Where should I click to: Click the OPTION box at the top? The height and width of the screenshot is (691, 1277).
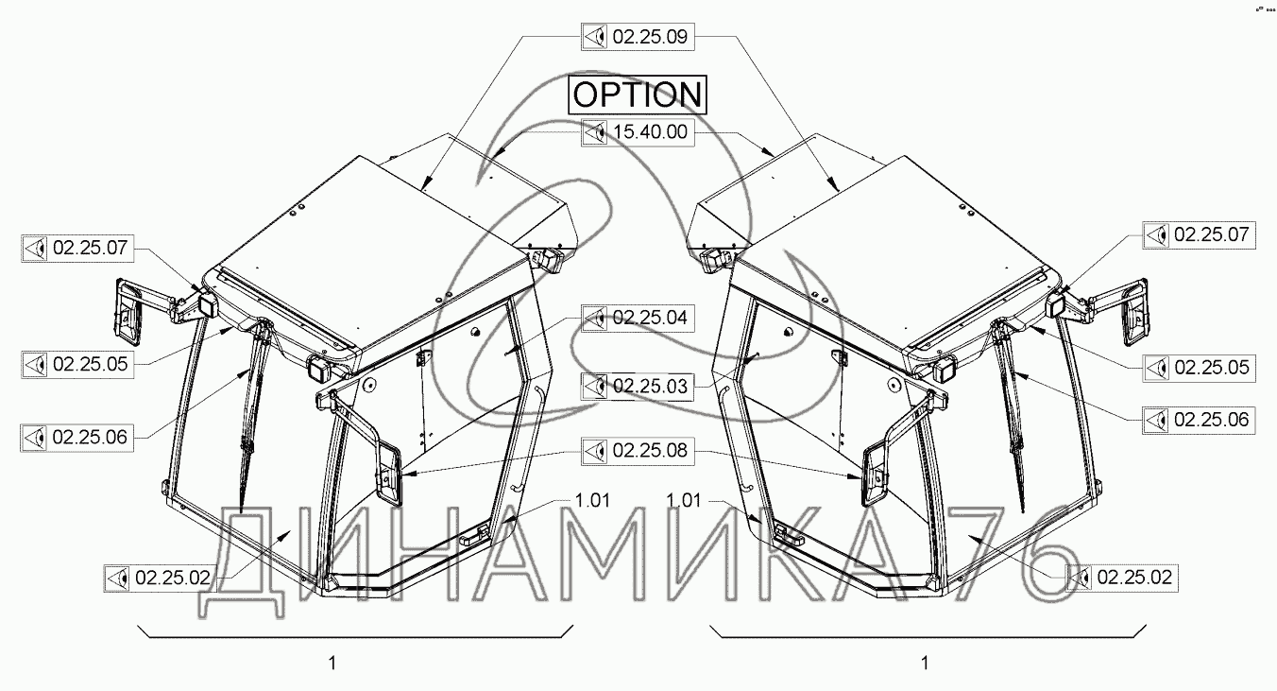coord(638,95)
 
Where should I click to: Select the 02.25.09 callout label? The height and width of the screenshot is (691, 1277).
coord(638,37)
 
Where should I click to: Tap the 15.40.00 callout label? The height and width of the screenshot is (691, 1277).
coord(638,132)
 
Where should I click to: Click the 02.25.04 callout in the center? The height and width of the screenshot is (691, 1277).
coord(638,318)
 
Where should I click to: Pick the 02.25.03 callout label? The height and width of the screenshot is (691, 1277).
coord(638,387)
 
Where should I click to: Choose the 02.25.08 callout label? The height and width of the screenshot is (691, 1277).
coord(638,451)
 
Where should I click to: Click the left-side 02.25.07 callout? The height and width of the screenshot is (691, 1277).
coord(77,249)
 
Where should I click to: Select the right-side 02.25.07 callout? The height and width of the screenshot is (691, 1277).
coord(1199,234)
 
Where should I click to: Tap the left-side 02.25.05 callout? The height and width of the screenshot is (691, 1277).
coord(77,364)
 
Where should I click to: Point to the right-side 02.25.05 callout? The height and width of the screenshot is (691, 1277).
coord(1199,368)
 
